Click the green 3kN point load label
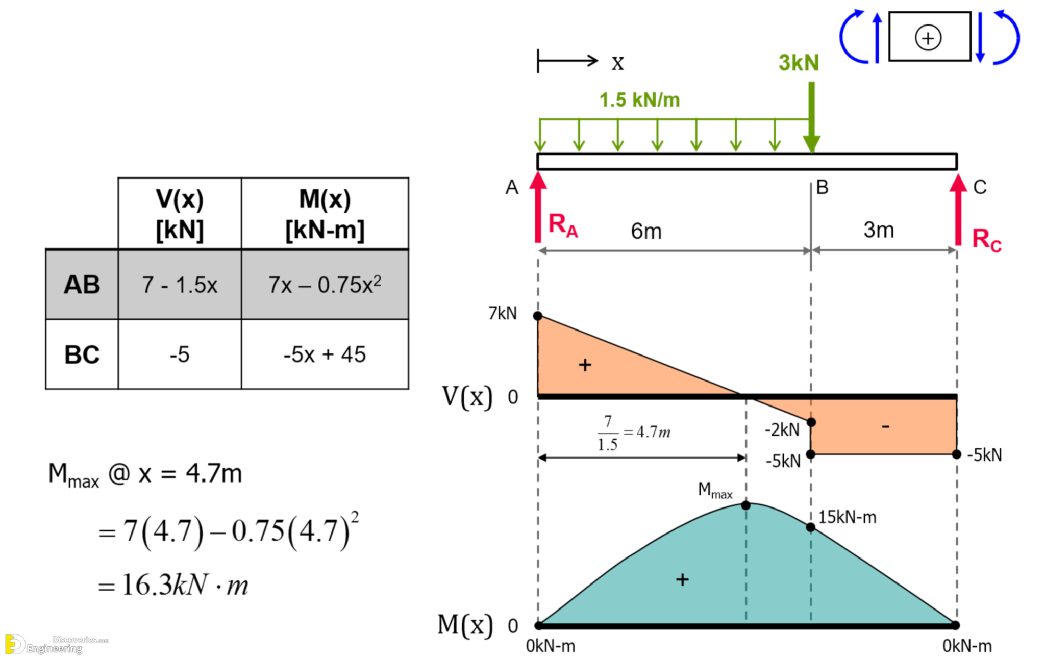(x=799, y=63)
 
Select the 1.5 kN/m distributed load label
(x=639, y=100)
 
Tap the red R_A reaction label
(x=563, y=225)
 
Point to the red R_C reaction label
(x=987, y=240)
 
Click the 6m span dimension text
(x=646, y=232)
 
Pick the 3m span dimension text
(x=879, y=230)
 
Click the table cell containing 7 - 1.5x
(x=180, y=285)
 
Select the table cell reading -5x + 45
(x=325, y=354)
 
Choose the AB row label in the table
(x=82, y=285)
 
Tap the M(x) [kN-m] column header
(x=325, y=214)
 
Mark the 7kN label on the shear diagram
(x=503, y=313)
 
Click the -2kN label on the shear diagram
(x=782, y=430)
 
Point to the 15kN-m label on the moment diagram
(x=848, y=517)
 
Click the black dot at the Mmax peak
(x=746, y=505)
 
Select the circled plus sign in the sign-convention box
(x=928, y=38)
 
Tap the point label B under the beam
(x=822, y=187)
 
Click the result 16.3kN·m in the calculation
(x=185, y=585)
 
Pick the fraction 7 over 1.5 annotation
(x=608, y=433)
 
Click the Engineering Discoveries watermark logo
(x=56, y=644)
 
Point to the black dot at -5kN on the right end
(x=957, y=454)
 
